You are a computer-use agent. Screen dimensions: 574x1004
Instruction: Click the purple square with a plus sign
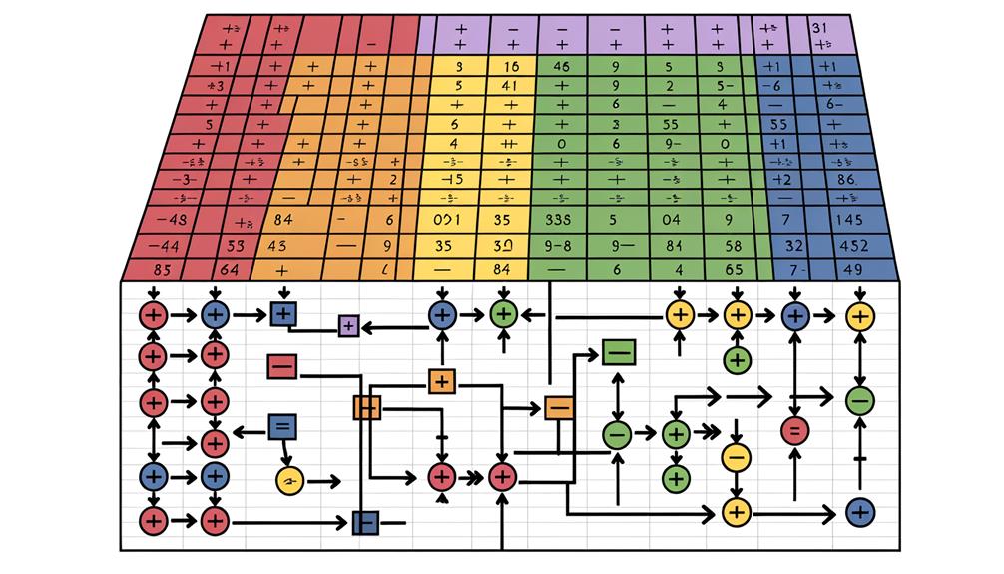click(348, 324)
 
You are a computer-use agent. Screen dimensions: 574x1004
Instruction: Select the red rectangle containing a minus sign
click(282, 366)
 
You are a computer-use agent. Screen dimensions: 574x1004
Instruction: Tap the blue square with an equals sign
click(282, 427)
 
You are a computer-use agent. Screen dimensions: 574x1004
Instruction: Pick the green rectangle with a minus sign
click(618, 352)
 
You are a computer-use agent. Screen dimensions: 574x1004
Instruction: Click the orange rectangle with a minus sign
click(558, 406)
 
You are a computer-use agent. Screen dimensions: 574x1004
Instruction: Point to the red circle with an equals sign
click(794, 431)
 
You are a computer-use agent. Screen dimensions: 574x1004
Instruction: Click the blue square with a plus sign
click(282, 314)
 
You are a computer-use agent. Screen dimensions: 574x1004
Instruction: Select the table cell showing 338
click(552, 219)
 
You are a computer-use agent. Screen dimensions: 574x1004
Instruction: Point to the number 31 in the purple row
click(822, 27)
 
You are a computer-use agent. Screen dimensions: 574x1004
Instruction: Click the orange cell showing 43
click(276, 244)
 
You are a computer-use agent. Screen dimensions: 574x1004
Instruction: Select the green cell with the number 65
click(734, 268)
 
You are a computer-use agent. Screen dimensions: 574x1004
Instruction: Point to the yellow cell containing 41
click(505, 86)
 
